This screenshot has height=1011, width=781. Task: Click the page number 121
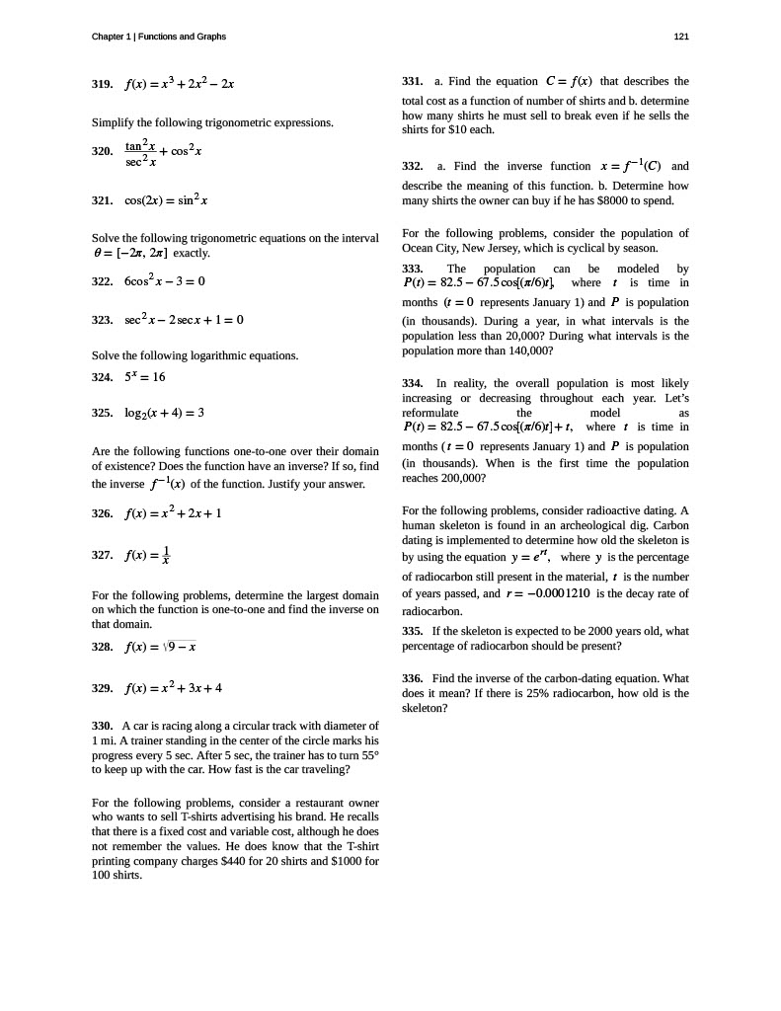click(x=681, y=37)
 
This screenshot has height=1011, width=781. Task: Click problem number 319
click(x=103, y=84)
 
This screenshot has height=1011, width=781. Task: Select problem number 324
click(x=103, y=377)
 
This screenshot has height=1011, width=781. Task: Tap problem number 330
click(x=103, y=726)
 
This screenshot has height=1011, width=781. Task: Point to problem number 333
click(x=414, y=269)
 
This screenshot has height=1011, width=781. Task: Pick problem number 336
click(x=414, y=678)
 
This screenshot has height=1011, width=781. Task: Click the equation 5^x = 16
click(x=144, y=377)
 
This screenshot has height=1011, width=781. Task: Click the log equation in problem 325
click(x=164, y=413)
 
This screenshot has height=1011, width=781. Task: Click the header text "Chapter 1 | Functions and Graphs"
click(x=159, y=37)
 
